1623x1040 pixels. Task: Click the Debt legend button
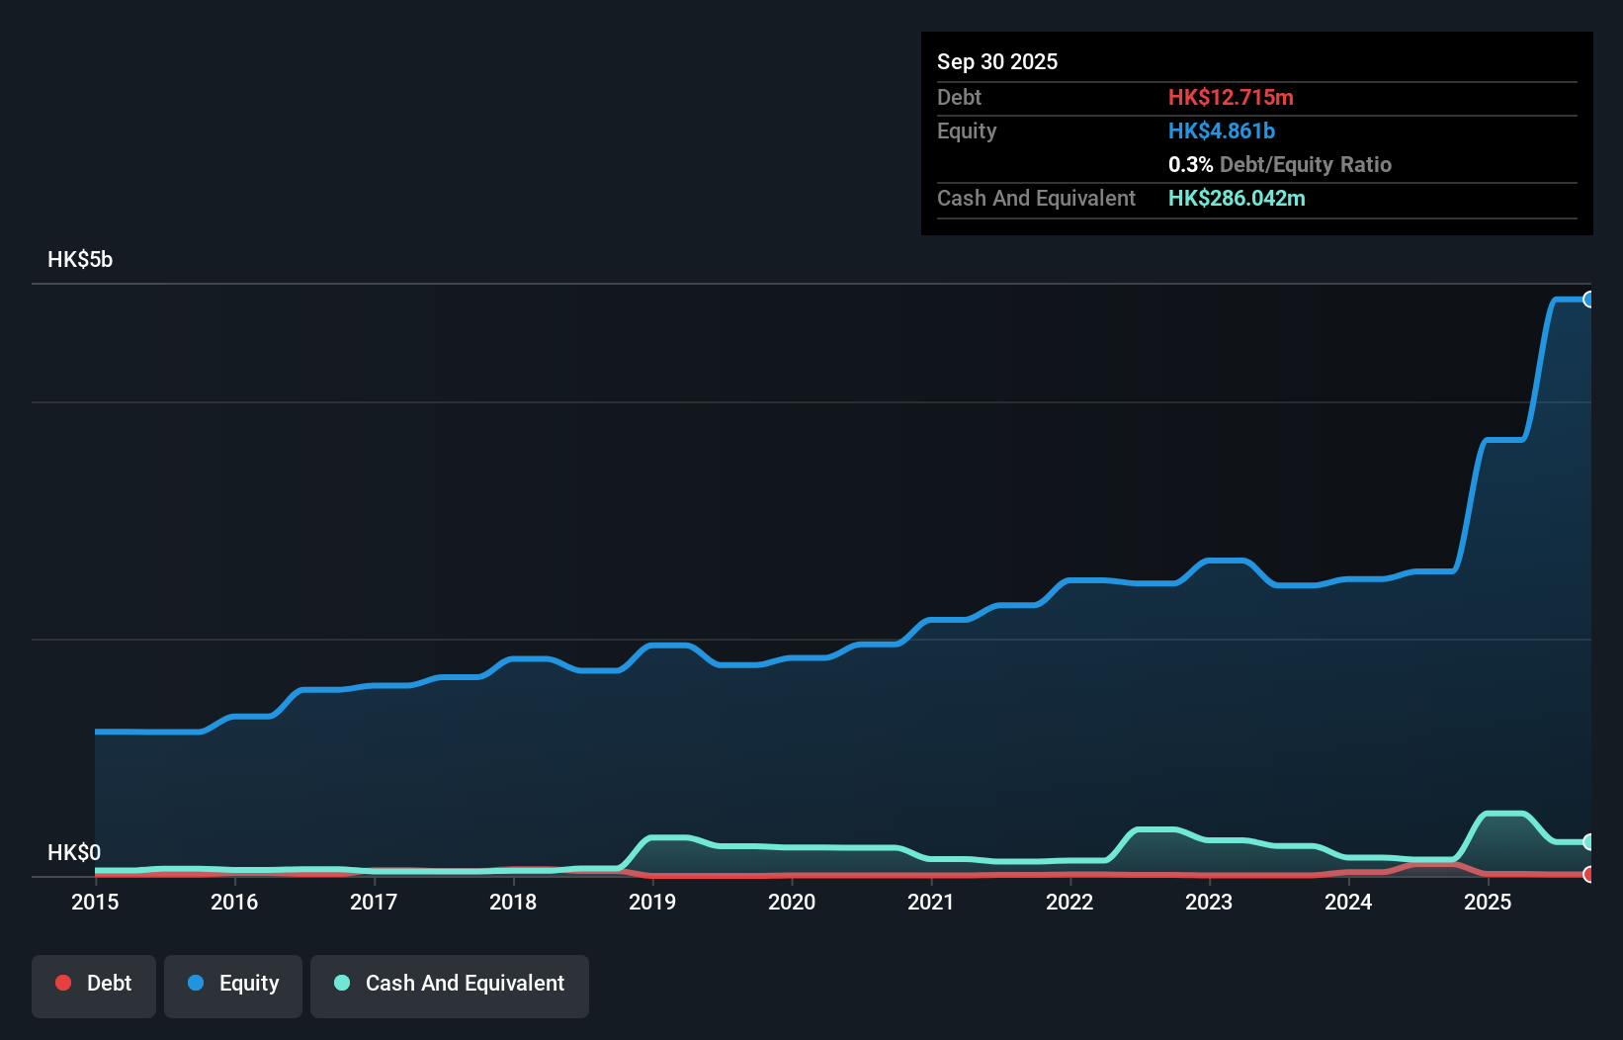pos(94,985)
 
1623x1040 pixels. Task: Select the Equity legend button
pos(233,985)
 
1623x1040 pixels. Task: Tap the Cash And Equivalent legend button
pos(450,985)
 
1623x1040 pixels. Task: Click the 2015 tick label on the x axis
pos(95,902)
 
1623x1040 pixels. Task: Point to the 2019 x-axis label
pos(652,902)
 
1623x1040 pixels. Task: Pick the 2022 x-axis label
pos(1069,902)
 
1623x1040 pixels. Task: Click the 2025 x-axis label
pos(1488,902)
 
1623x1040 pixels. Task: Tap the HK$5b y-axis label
pos(80,260)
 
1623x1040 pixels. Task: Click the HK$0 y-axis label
pos(74,852)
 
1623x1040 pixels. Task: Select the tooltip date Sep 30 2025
pos(997,61)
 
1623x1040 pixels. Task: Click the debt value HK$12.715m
pos(1231,97)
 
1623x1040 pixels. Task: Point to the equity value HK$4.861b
pos(1222,130)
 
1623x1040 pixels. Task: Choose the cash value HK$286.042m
pos(1237,198)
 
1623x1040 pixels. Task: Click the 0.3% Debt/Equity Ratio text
pos(1279,164)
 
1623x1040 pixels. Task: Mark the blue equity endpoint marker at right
pos(1589,300)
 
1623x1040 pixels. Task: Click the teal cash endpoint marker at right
pos(1589,842)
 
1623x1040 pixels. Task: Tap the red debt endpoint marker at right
pos(1589,874)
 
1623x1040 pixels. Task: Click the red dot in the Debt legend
pos(63,983)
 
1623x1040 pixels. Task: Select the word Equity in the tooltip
pos(967,130)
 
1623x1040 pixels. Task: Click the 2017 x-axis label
pos(374,902)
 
